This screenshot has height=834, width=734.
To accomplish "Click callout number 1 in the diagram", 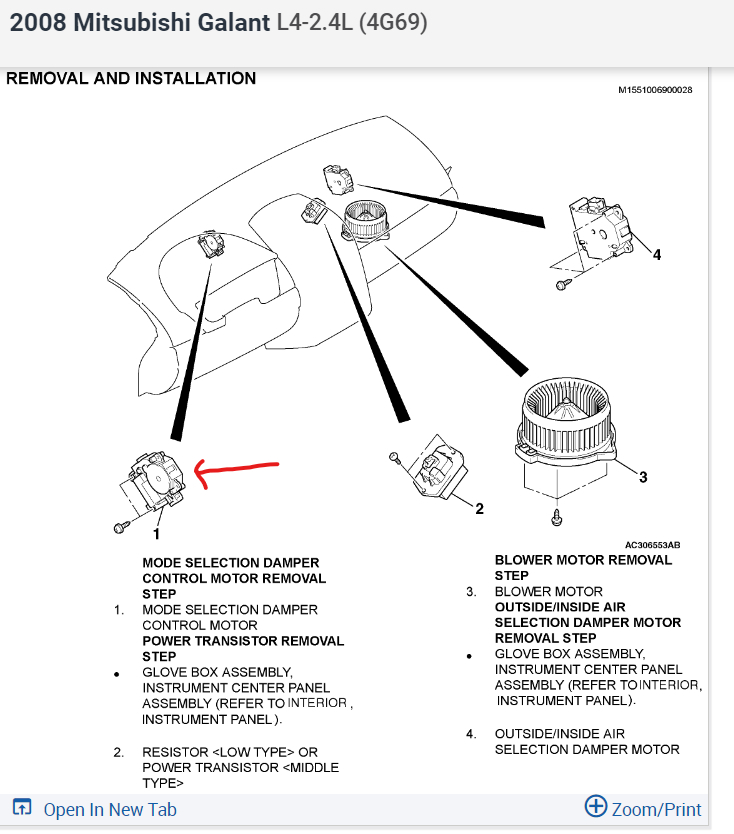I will [x=155, y=534].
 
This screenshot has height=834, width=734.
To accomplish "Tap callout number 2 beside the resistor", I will [x=479, y=509].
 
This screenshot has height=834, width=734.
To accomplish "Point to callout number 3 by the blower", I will [x=643, y=477].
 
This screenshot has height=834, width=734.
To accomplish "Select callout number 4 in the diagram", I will [x=656, y=255].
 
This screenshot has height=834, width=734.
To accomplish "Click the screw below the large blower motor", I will [x=557, y=517].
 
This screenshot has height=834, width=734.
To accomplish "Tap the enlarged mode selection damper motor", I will [x=155, y=481].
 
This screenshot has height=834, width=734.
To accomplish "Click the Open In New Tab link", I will [x=96, y=809].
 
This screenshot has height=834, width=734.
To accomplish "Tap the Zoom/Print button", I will [x=644, y=808].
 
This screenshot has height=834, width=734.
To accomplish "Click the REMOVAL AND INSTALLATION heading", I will [x=131, y=78].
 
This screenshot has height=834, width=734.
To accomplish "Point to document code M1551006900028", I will [x=655, y=90].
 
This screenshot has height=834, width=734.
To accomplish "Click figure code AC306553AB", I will [x=652, y=545].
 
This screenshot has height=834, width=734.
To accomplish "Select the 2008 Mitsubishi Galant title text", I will [x=139, y=23].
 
